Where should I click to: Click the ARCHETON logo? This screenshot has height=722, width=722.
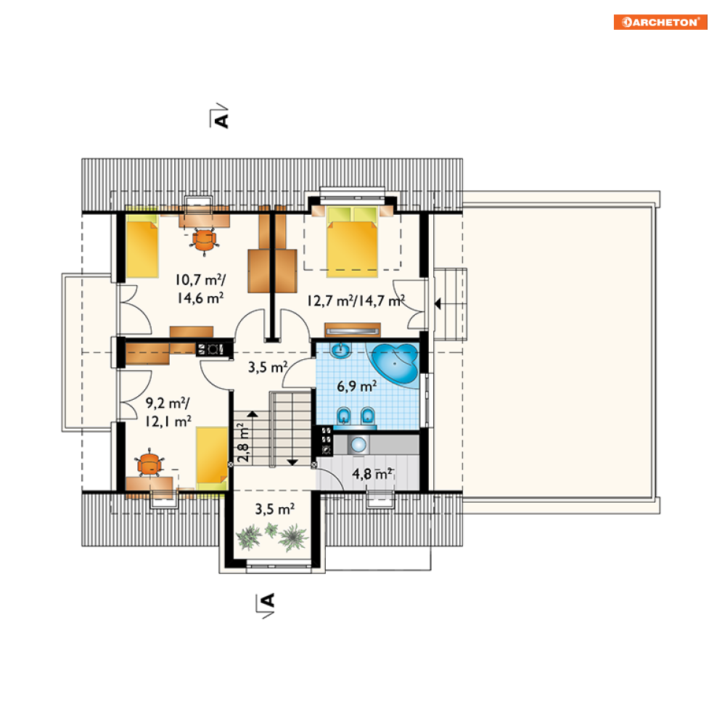click(x=660, y=22)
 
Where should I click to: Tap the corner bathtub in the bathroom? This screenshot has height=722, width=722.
click(x=395, y=363)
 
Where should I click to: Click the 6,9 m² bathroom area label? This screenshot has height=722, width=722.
click(x=357, y=386)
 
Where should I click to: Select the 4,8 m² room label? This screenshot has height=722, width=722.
click(x=372, y=473)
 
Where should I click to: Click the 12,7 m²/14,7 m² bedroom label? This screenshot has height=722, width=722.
click(x=356, y=300)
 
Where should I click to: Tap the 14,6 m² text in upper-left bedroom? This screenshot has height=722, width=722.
click(x=200, y=298)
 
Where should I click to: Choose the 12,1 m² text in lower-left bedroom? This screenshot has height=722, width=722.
click(x=168, y=422)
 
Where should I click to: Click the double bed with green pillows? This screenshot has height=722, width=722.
click(x=352, y=242)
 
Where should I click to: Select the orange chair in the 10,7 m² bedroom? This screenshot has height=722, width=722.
click(x=204, y=240)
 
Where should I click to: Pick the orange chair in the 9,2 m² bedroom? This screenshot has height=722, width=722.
click(x=149, y=463)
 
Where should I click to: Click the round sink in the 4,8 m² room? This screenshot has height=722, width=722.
click(x=358, y=445)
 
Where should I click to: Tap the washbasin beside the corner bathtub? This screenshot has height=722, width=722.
click(x=341, y=350)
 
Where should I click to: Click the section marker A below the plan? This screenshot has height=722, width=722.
click(x=266, y=605)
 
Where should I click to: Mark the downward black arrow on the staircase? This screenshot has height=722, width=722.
click(x=292, y=461)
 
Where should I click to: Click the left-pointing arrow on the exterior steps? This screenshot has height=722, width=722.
click(x=438, y=304)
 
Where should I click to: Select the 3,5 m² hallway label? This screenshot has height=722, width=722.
click(x=268, y=367)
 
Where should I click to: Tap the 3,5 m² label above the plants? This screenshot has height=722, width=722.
click(x=275, y=509)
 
